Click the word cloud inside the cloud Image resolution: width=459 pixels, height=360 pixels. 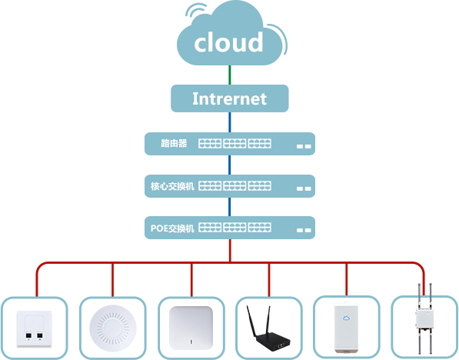(228, 42)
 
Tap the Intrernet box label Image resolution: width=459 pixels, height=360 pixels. (229, 98)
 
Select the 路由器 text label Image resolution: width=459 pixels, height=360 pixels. (174, 143)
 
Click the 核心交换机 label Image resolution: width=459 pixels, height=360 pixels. (172, 186)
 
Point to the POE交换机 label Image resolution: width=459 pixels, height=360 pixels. (172, 228)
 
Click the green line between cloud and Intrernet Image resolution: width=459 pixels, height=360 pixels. (230, 75)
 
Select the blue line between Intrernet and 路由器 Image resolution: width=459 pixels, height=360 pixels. (230, 122)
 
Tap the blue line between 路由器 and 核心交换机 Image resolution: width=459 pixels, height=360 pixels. (230, 165)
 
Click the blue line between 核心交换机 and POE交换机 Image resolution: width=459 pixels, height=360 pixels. (230, 207)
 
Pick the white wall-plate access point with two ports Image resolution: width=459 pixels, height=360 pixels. (35, 329)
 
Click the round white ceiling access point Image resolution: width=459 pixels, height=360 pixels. (113, 328)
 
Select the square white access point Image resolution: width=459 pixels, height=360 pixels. (191, 328)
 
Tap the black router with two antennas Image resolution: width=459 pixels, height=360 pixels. (268, 328)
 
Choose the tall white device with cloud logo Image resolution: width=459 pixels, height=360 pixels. (346, 327)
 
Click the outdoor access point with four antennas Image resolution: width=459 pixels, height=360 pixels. (424, 319)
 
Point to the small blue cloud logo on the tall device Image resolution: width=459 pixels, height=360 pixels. (346, 318)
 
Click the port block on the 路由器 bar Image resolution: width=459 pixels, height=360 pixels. (234, 144)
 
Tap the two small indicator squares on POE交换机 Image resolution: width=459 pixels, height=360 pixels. (304, 230)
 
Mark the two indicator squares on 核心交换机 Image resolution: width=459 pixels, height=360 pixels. (304, 188)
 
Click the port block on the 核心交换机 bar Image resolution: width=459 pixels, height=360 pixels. (234, 186)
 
